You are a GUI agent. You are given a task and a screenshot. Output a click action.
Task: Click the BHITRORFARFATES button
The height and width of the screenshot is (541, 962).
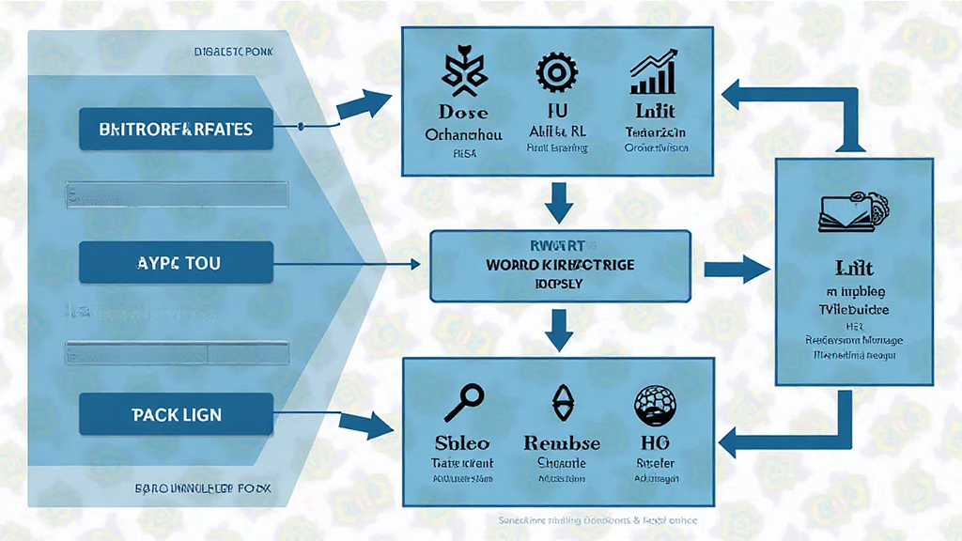(x=176, y=130)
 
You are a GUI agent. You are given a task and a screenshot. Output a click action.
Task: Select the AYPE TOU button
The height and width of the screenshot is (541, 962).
(x=176, y=263)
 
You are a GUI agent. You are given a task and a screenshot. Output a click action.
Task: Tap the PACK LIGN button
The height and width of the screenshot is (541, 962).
(x=176, y=413)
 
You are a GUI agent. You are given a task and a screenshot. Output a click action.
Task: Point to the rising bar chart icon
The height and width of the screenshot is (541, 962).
(x=656, y=73)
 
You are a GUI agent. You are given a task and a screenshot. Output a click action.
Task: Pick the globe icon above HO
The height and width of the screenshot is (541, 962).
(x=655, y=403)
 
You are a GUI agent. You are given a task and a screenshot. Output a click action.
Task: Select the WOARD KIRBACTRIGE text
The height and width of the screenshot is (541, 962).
(x=560, y=265)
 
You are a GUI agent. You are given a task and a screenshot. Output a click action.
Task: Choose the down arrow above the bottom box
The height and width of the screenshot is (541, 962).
(x=560, y=326)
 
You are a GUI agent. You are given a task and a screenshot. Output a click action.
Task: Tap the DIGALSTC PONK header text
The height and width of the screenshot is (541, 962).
(x=232, y=54)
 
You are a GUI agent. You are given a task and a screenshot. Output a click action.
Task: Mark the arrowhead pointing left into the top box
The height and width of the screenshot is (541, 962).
(x=736, y=95)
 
